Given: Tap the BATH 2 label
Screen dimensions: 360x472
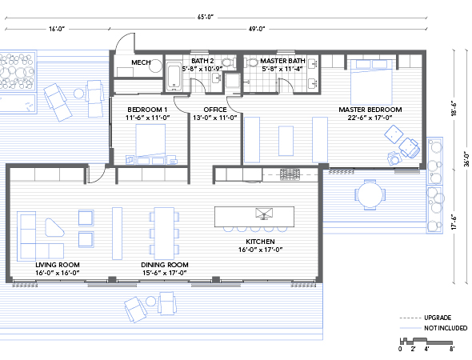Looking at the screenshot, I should click(x=202, y=60).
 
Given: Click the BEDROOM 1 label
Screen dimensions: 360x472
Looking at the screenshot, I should click(x=146, y=109).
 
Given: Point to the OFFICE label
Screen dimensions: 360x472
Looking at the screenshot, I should click(x=215, y=109).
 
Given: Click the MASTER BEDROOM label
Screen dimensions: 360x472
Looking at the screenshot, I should click(x=370, y=109).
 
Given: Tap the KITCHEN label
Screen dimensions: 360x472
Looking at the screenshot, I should click(x=261, y=241).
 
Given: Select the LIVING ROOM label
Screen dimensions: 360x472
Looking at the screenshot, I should click(x=58, y=264).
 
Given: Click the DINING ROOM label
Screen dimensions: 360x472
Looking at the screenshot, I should click(x=164, y=264).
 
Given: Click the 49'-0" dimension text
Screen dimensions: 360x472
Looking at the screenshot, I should click(x=256, y=30).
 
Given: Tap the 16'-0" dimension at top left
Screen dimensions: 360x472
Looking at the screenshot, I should click(x=57, y=30).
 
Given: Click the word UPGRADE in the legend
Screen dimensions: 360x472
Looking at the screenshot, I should click(x=438, y=317).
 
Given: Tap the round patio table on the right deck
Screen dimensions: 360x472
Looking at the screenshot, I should click(x=369, y=194).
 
